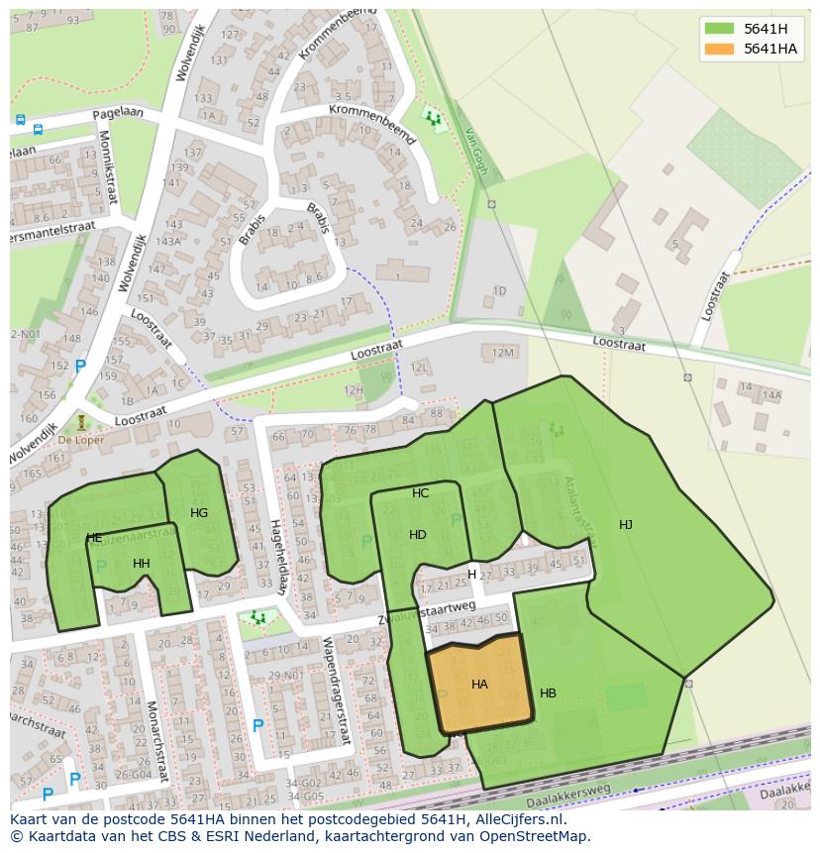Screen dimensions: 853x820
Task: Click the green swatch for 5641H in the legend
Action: click(x=719, y=29)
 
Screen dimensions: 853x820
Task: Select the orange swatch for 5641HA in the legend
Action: click(x=719, y=49)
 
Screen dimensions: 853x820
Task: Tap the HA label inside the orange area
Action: click(x=479, y=685)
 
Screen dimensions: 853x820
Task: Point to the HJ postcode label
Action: click(x=626, y=525)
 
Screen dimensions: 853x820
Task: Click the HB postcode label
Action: click(x=548, y=693)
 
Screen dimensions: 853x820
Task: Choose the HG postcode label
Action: click(x=199, y=513)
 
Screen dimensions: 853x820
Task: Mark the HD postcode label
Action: click(x=418, y=535)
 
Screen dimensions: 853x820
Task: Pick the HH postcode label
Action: click(x=142, y=564)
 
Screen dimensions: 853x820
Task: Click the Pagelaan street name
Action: click(x=118, y=114)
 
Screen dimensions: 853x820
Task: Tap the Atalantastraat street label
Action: click(x=578, y=510)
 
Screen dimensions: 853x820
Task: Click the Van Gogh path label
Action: click(x=476, y=155)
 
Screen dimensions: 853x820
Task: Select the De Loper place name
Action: click(x=80, y=440)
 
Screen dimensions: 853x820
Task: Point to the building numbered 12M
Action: click(x=503, y=353)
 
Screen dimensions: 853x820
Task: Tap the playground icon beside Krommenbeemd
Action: click(x=433, y=119)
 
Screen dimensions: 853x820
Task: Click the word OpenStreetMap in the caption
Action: click(x=530, y=836)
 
